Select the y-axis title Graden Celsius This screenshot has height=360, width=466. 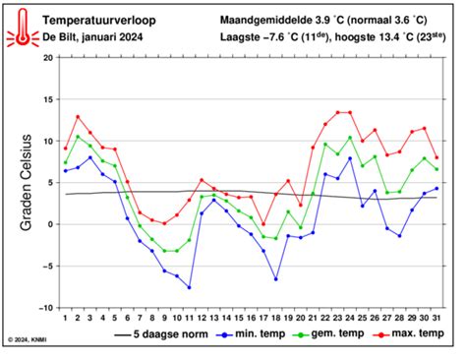click(27, 183)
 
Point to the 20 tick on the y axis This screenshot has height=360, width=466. click(46, 58)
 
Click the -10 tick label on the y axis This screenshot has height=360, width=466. click(44, 307)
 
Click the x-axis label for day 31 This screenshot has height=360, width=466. click(437, 317)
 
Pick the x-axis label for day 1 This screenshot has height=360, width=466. click(65, 317)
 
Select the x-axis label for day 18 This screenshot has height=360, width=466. click(275, 317)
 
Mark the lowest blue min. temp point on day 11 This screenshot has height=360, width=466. click(189, 287)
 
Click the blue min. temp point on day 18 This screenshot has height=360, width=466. click(276, 279)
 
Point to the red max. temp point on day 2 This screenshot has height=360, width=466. click(78, 117)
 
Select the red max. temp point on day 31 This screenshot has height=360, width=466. click(437, 157)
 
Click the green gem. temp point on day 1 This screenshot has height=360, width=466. click(65, 162)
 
